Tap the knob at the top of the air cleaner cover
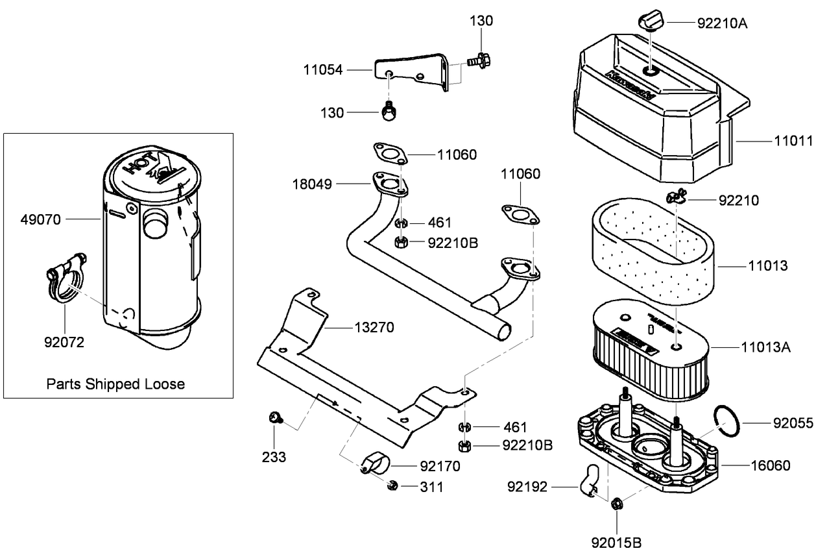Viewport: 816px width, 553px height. click(651, 21)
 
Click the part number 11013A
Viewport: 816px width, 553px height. click(766, 347)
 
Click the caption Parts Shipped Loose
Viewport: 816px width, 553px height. click(115, 384)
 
